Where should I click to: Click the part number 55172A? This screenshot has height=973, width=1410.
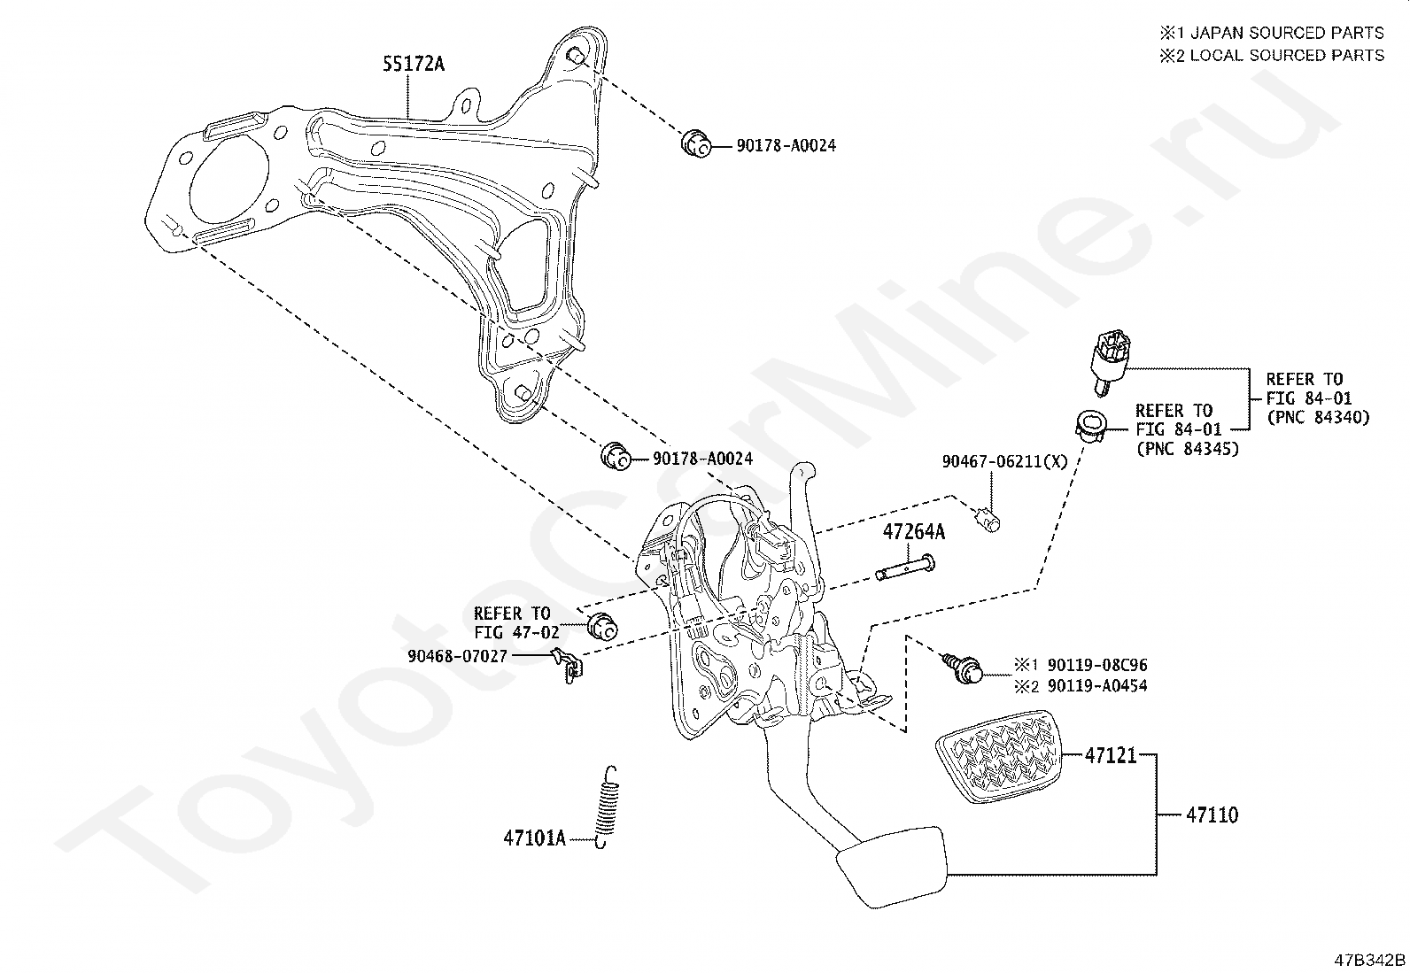pos(414,64)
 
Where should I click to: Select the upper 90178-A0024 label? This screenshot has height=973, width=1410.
pos(786,145)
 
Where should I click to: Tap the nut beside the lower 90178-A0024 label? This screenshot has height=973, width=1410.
pos(615,456)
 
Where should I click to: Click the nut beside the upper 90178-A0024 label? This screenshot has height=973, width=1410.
pos(695,144)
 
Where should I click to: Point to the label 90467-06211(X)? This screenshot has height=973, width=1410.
pos(1004,461)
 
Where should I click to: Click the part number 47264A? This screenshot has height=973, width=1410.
pos(913,532)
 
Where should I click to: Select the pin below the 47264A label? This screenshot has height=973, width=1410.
pos(905,567)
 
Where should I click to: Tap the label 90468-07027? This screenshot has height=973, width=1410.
pos(457,656)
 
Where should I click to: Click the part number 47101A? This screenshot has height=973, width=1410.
pos(534,838)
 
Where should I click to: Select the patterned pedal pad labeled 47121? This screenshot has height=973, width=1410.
pos(998,756)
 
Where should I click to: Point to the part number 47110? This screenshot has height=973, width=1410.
pos(1212,815)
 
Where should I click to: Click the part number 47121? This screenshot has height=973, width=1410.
pos(1111,754)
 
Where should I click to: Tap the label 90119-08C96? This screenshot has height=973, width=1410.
pos(1097,665)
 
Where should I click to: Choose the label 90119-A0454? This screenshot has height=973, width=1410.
pos(1097,686)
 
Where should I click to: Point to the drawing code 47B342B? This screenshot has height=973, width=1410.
pos(1369,960)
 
